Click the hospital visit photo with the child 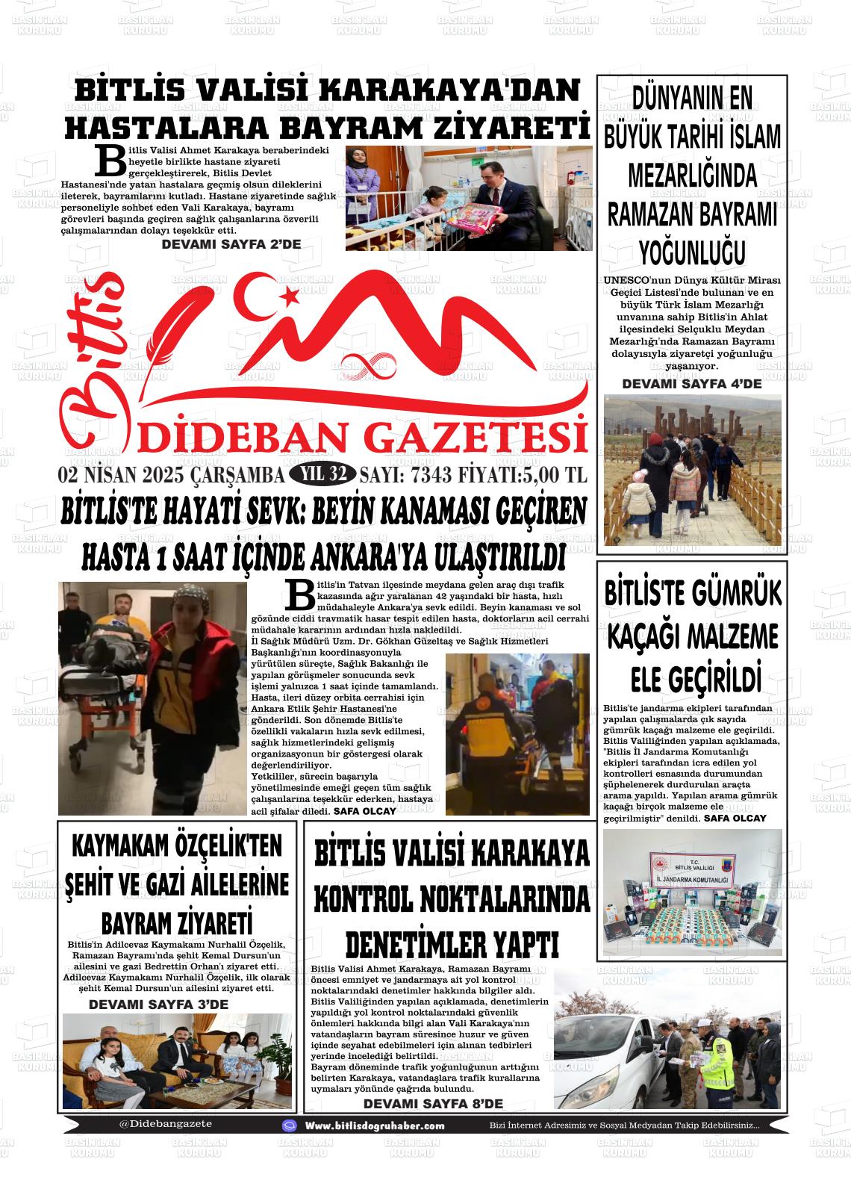[x=468, y=197]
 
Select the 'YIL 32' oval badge [x=322, y=474]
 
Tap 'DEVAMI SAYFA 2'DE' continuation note [x=231, y=243]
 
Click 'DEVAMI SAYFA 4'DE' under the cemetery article [x=691, y=384]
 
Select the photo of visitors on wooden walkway [x=692, y=470]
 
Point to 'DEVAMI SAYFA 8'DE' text [x=433, y=1104]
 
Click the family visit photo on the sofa [x=177, y=1061]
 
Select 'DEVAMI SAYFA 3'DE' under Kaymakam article [x=158, y=1005]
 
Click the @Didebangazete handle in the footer [x=165, y=1123]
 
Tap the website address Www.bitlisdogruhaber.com [x=375, y=1126]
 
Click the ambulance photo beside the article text [x=517, y=734]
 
